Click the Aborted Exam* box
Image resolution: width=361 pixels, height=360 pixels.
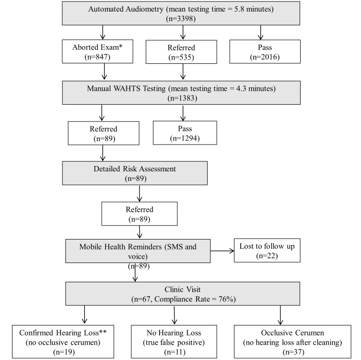click(97, 51)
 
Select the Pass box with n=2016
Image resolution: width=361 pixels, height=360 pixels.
click(265, 52)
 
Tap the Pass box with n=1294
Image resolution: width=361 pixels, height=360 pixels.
click(185, 133)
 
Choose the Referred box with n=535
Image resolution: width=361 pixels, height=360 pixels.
click(181, 52)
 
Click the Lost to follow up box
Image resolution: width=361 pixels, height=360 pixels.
click(267, 251)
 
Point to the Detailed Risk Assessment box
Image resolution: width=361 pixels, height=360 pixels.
click(135, 173)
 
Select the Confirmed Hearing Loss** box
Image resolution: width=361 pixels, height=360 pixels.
click(63, 342)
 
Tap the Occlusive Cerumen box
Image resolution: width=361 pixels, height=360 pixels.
click(292, 342)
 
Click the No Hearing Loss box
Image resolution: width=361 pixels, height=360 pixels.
click(174, 342)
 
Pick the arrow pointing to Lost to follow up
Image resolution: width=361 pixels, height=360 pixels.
click(222, 251)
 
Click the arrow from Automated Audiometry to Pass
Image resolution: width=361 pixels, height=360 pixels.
click(260, 33)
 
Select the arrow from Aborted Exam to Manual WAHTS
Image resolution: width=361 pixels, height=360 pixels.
click(105, 72)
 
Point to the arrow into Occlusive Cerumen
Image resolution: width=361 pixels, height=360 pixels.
click(280, 315)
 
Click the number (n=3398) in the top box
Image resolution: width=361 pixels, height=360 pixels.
click(181, 19)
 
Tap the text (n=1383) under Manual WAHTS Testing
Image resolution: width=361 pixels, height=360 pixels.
click(182, 98)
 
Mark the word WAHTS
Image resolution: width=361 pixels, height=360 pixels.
click(127, 89)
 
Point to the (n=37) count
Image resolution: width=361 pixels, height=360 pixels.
click(293, 352)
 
